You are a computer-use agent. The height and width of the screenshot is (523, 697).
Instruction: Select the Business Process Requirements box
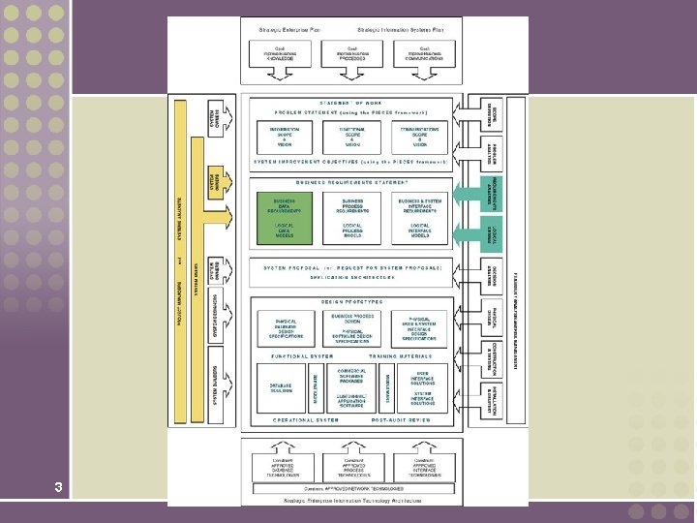tap(352, 205)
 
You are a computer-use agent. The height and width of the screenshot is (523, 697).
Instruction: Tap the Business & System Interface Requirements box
tap(419, 205)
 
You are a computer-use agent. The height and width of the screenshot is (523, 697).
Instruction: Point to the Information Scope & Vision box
tap(285, 138)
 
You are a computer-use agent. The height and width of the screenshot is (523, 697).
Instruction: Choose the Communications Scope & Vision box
tap(419, 138)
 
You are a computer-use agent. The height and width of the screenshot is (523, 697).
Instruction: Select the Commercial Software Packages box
tap(352, 376)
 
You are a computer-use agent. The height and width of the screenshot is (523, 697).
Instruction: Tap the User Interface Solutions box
tap(422, 376)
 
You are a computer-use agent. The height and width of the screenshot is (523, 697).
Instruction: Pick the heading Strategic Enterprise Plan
tap(288, 30)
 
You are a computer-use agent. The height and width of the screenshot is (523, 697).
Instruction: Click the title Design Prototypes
tap(351, 302)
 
